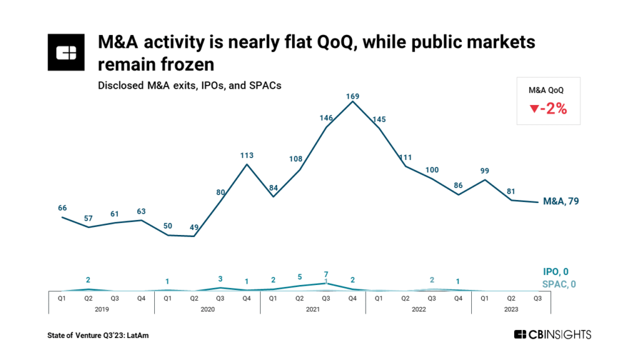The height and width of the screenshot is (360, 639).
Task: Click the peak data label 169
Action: (353, 96)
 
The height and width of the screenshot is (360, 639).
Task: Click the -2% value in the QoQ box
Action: (548, 108)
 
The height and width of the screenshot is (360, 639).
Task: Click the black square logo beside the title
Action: (66, 52)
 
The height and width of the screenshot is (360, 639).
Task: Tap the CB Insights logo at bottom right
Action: (552, 335)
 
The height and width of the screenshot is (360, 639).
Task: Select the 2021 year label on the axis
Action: (312, 308)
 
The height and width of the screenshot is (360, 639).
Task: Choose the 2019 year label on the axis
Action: (101, 308)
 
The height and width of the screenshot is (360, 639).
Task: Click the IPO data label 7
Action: (326, 275)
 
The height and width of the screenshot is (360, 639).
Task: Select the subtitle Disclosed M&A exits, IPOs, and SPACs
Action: (189, 86)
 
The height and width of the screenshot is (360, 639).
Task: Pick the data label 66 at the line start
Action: (62, 207)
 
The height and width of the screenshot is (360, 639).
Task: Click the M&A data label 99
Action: (485, 171)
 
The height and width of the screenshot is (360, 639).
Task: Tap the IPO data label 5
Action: (300, 277)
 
